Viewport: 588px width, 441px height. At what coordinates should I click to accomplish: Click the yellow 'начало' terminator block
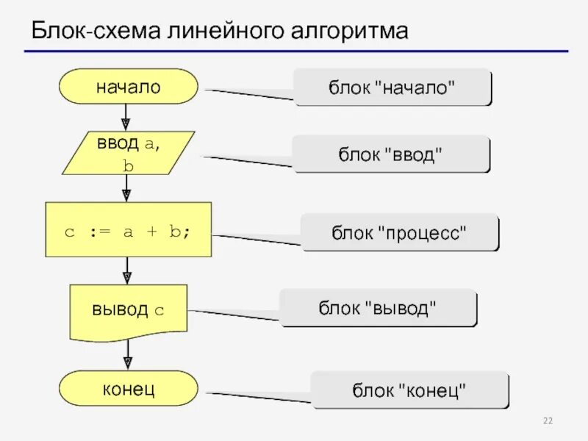tap(128, 87)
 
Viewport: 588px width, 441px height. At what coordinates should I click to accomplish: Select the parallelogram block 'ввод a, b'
tap(128, 153)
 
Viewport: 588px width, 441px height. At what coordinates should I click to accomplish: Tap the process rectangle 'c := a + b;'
tap(128, 230)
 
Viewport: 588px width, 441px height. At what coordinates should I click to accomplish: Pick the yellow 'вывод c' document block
tap(128, 309)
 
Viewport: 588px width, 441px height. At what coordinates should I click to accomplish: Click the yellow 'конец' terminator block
tap(128, 388)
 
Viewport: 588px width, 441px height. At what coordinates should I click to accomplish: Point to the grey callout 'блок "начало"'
tap(392, 87)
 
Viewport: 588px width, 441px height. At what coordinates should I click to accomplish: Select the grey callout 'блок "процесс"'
tap(400, 232)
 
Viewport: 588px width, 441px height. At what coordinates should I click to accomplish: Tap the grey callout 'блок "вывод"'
tap(378, 307)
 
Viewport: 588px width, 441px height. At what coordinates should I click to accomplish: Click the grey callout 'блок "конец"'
tap(409, 389)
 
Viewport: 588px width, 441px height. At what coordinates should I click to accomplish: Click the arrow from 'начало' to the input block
tap(126, 117)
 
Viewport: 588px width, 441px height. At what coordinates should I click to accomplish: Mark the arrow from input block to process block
tap(126, 188)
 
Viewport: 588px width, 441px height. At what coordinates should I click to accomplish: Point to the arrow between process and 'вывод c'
tap(126, 270)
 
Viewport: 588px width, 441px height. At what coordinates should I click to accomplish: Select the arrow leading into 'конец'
tap(127, 356)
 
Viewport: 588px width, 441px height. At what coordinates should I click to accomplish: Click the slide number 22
tap(548, 420)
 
